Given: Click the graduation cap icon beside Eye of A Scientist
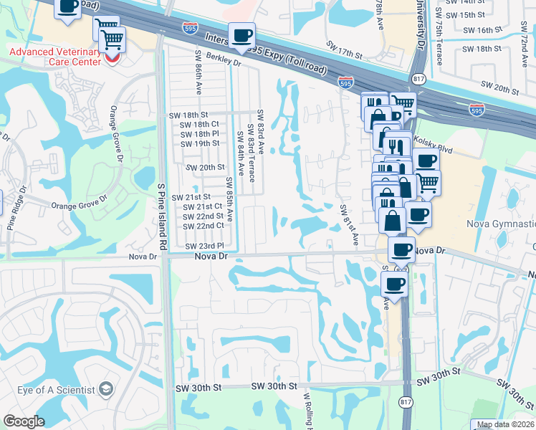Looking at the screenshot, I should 106,389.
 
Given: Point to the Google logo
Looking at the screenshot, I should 24,421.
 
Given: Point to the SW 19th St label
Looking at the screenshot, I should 199,143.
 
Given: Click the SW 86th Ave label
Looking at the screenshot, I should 198,72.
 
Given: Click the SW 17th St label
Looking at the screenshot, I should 345,50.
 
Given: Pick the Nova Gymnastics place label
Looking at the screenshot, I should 501,224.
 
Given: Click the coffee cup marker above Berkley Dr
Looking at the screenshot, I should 241,35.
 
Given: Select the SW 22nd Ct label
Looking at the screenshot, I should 204,226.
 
